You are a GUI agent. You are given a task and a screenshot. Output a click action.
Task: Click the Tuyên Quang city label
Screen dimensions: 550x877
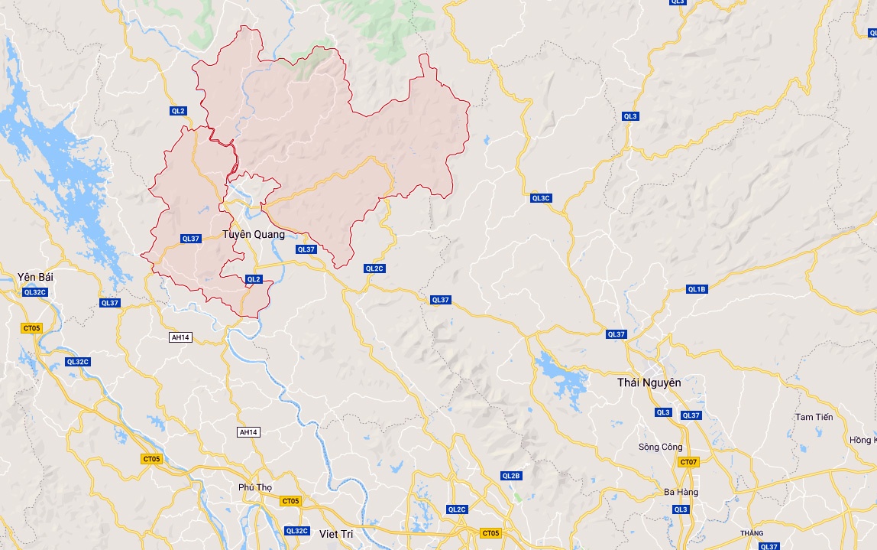pyautogui.click(x=253, y=235)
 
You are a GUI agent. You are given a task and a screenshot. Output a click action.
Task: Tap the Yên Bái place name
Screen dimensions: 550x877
pyautogui.click(x=35, y=276)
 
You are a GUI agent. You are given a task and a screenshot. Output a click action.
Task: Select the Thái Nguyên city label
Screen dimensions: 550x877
pyautogui.click(x=649, y=382)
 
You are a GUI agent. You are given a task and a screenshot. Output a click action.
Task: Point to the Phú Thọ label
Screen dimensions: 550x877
pyautogui.click(x=255, y=487)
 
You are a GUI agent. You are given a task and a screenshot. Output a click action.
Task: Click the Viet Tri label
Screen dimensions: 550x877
pyautogui.click(x=338, y=532)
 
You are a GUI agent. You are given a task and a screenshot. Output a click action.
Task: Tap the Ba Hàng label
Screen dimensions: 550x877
pyautogui.click(x=680, y=492)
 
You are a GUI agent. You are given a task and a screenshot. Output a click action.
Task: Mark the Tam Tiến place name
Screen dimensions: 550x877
pyautogui.click(x=814, y=417)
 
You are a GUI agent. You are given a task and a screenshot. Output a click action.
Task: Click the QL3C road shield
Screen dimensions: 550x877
pyautogui.click(x=541, y=198)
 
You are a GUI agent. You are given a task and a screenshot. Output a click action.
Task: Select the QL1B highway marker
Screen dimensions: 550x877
pyautogui.click(x=697, y=289)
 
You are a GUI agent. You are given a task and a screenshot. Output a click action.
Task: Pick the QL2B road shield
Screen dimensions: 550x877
pyautogui.click(x=511, y=476)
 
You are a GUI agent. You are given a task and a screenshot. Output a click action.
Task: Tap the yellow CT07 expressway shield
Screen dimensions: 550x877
pyautogui.click(x=688, y=462)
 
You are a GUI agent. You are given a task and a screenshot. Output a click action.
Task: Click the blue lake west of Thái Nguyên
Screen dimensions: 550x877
pyautogui.click(x=561, y=376)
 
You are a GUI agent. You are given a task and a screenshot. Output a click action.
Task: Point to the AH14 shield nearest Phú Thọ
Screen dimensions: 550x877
pyautogui.click(x=249, y=432)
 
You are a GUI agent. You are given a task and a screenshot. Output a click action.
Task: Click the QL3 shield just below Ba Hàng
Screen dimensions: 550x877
pyautogui.click(x=681, y=509)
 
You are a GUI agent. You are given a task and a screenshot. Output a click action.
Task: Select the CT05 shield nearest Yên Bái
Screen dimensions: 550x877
pyautogui.click(x=31, y=328)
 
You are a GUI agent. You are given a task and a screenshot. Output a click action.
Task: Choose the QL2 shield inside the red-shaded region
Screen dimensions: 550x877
pyautogui.click(x=254, y=279)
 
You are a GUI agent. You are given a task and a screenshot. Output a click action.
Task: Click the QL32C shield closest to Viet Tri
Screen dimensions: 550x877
pyautogui.click(x=296, y=531)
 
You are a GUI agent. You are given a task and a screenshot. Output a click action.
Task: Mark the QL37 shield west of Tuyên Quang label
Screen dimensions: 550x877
pyautogui.click(x=190, y=239)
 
